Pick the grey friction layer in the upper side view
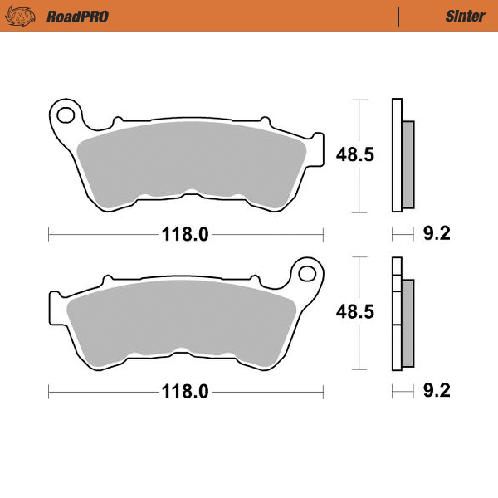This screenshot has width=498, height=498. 408,164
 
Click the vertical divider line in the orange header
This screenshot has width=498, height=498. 399,16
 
